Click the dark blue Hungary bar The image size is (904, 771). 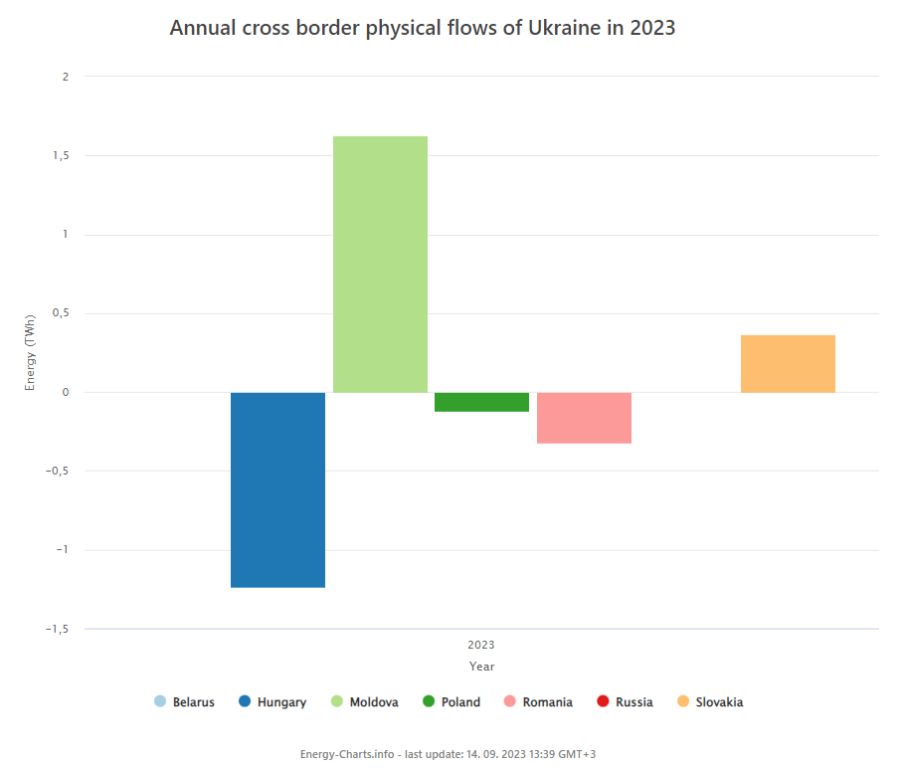(x=277, y=489)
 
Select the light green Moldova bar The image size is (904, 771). (x=380, y=264)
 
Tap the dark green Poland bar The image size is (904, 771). (x=481, y=402)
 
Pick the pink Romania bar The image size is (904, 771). (x=584, y=418)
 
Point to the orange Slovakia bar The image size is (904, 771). (x=788, y=364)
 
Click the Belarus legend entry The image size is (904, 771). (x=185, y=702)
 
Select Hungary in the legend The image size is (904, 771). (x=272, y=702)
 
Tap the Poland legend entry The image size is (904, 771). (x=452, y=702)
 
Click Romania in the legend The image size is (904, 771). (x=538, y=702)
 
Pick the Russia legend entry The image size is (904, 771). (x=625, y=702)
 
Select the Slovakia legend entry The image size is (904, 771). (x=709, y=702)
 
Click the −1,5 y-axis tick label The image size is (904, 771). (x=56, y=629)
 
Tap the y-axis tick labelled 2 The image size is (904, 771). (x=65, y=77)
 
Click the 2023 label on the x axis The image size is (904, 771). (x=480, y=645)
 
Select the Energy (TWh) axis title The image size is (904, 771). (x=31, y=353)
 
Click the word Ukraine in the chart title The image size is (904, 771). (x=546, y=28)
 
